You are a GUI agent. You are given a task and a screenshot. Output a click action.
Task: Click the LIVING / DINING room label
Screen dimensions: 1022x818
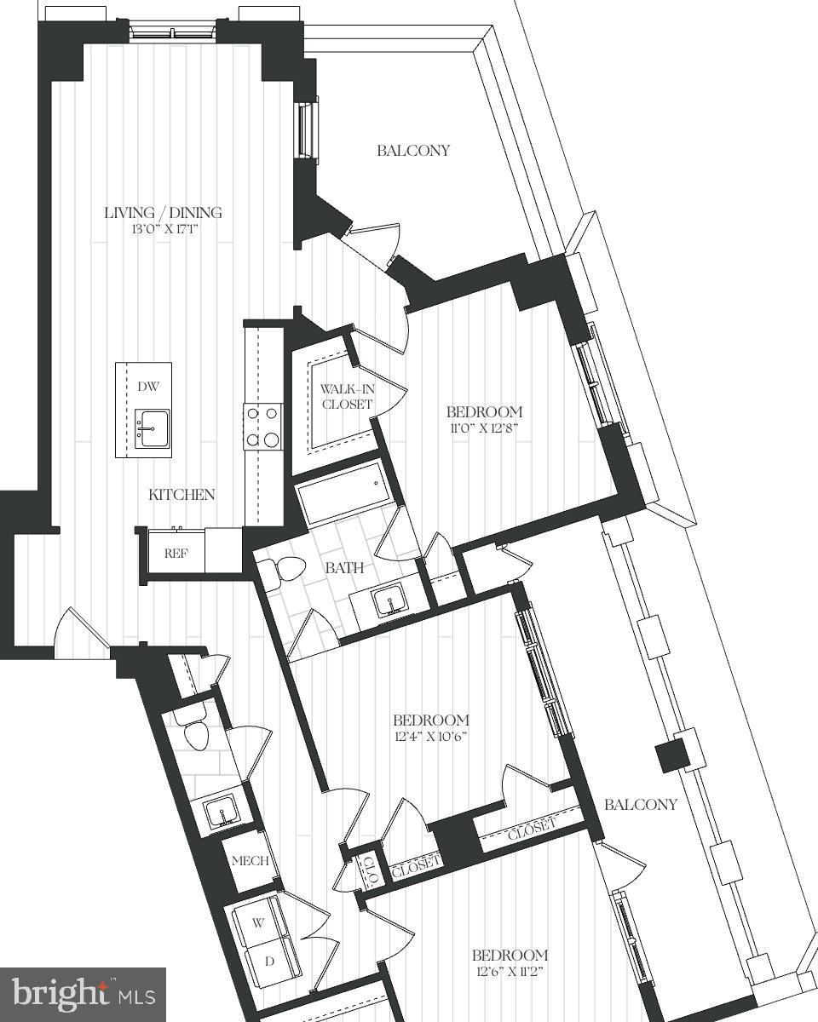163,212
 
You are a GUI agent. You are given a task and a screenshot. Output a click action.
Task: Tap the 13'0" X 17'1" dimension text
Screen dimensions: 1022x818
163,229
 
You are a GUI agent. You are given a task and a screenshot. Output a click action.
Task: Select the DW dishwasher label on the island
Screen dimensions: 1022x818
147,386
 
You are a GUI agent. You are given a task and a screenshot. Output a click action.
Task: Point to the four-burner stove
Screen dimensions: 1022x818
262,426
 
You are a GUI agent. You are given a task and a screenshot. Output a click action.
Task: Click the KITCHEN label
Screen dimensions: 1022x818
181,494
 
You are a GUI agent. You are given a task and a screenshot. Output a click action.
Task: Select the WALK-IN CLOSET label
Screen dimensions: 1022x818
346,396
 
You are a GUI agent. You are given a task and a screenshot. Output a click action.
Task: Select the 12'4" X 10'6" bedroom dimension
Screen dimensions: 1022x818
430,736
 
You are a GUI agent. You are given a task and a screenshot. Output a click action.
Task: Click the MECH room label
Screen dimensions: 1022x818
250,860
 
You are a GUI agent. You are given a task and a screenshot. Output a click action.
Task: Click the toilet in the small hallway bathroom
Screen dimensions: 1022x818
195,732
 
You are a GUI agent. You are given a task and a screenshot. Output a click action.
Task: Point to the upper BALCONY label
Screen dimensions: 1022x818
413,151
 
